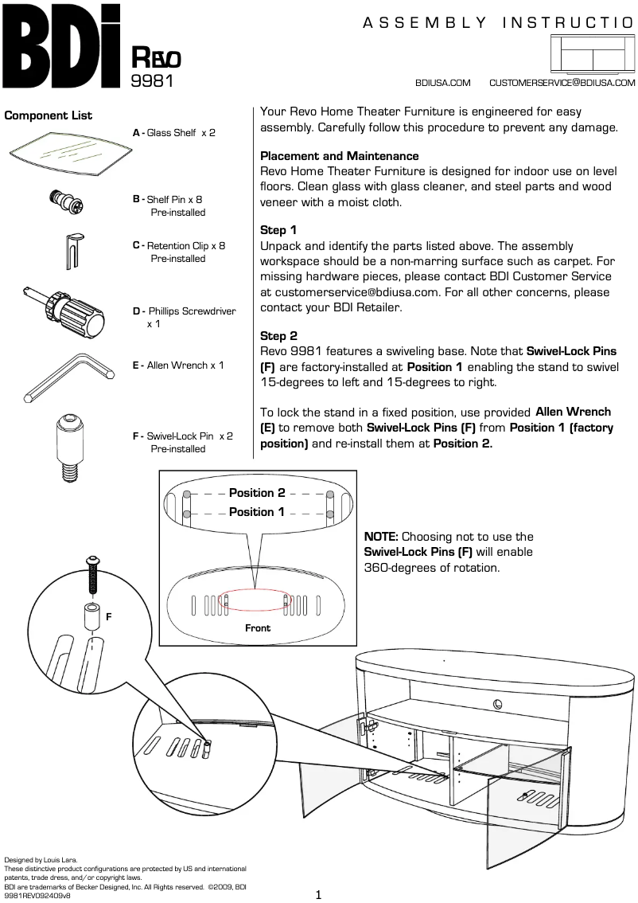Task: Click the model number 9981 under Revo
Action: coord(151,80)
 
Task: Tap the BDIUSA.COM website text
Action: coord(443,83)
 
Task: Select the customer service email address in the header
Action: coord(562,83)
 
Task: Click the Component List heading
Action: coord(49,115)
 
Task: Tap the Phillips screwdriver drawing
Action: coord(70,309)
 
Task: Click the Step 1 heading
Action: coord(278,230)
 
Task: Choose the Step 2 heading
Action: coord(278,336)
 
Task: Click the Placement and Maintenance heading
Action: coord(340,156)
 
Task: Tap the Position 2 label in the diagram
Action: coord(257,493)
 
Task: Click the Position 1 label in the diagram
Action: coord(257,512)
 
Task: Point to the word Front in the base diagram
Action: coord(258,628)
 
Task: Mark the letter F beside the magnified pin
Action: coord(109,616)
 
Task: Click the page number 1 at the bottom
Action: coord(318,895)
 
